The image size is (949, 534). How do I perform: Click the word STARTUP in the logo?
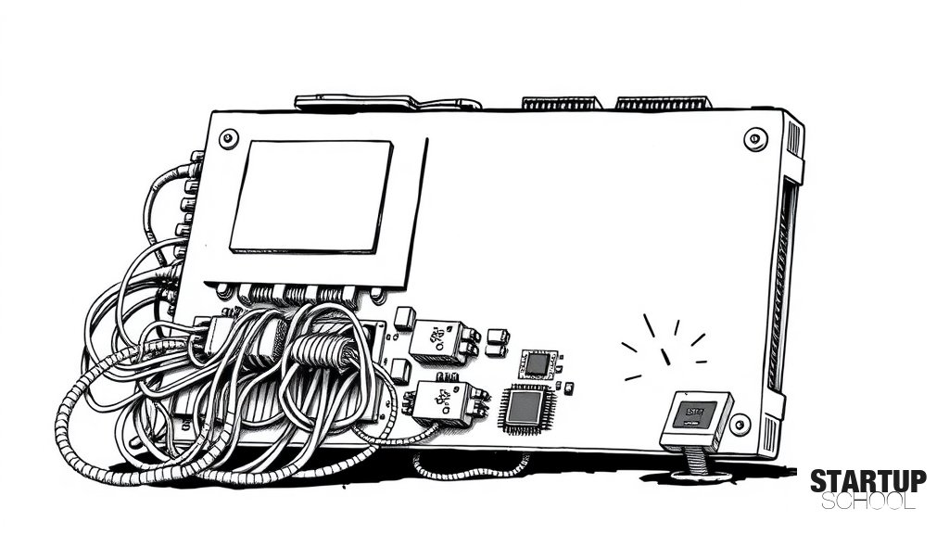pos(867,481)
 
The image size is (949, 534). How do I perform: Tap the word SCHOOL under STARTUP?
pos(867,502)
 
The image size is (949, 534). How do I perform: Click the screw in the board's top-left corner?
pos(228,138)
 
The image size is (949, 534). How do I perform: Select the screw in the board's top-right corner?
pos(754,140)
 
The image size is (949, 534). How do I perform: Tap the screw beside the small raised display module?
pos(739,424)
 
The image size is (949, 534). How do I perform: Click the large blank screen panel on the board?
pos(311,197)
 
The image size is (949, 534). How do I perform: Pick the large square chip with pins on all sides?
pos(525,409)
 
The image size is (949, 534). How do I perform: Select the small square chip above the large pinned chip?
pos(538,363)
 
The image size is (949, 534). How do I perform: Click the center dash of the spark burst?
pos(665,356)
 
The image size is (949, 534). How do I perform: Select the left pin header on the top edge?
pos(563,102)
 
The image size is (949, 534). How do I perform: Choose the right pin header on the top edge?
pos(662,102)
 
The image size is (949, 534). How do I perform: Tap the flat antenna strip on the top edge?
pos(387,102)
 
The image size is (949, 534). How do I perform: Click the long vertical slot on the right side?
pos(781,284)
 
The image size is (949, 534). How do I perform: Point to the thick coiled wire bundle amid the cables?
pos(322,350)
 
